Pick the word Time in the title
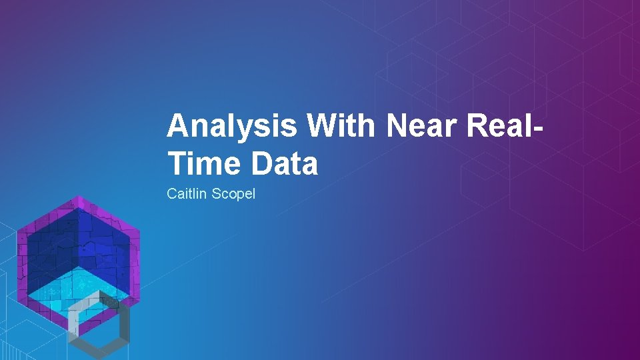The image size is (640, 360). [x=203, y=163]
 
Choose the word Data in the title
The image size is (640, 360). [x=284, y=163]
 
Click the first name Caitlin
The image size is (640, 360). [x=186, y=195]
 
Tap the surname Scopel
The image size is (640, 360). [x=233, y=195]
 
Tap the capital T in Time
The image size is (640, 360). [x=176, y=163]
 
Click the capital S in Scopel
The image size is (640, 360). [x=216, y=195]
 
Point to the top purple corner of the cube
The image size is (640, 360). [x=79, y=201]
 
